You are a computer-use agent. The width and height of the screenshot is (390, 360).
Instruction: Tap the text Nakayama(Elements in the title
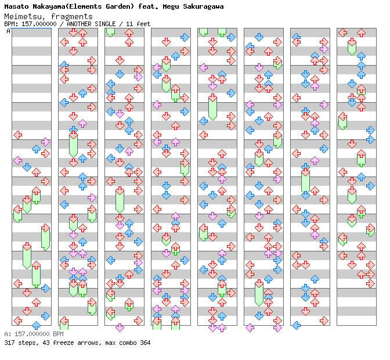click(68, 6)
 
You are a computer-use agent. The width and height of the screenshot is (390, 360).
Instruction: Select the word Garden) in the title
click(122, 6)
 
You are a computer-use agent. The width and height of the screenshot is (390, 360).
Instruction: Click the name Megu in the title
click(176, 6)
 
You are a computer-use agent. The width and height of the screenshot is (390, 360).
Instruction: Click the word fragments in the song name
click(72, 16)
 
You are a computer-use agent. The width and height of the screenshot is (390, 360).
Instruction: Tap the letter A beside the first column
click(8, 31)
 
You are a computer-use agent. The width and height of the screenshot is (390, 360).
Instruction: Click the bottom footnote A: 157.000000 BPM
click(34, 334)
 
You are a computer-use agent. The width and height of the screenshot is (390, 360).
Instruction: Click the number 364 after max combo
click(145, 343)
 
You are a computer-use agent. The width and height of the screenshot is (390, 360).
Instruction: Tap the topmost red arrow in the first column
click(18, 135)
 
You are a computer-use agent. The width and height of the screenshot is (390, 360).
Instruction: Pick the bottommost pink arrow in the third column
click(120, 327)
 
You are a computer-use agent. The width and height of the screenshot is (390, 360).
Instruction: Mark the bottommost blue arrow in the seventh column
click(297, 325)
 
